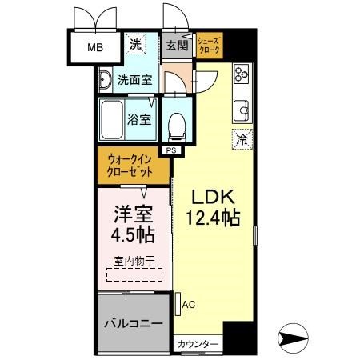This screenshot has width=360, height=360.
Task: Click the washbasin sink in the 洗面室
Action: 106,79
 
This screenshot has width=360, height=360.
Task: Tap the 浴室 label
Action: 138,119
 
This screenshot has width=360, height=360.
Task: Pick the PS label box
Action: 171,150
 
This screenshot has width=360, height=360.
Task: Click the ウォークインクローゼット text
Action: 134,166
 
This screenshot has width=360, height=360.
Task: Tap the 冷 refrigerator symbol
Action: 241,138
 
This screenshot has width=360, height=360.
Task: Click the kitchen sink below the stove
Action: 240,107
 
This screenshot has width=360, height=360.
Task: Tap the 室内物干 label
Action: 134,261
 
